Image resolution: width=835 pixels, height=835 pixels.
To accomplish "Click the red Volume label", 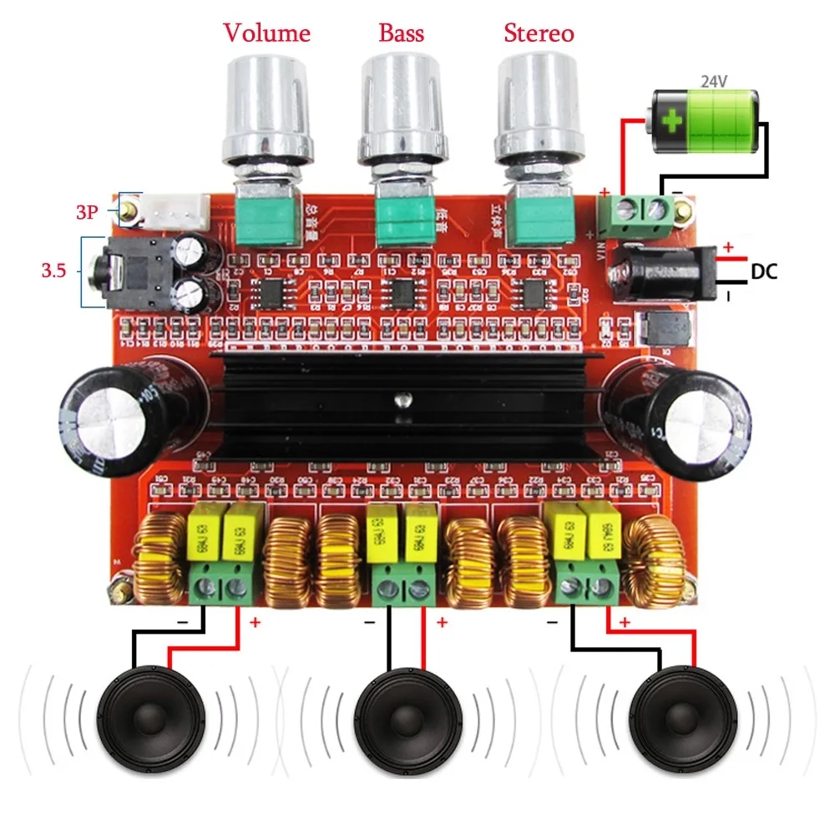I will click(266, 33).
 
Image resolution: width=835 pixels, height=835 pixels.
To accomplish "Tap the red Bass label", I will click(401, 33).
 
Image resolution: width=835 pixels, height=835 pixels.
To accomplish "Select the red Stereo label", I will click(539, 33).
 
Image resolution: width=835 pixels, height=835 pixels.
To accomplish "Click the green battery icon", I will click(706, 122).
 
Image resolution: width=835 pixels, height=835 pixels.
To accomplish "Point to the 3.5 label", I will click(55, 271).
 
